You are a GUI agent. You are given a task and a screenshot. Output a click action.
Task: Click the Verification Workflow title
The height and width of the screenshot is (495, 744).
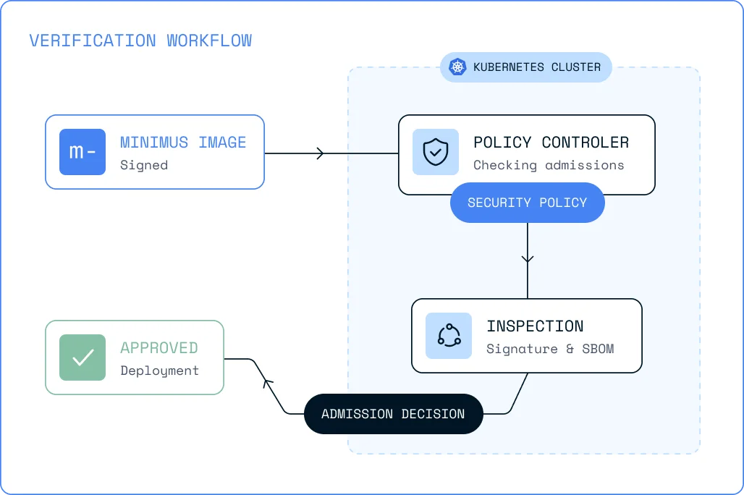click(140, 41)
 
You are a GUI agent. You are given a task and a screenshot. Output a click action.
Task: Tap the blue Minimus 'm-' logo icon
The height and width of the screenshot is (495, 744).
click(83, 152)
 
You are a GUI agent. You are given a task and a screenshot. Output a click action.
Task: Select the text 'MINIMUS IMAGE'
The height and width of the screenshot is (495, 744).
click(183, 143)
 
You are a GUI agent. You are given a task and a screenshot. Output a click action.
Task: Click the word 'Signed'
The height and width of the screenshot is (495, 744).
click(144, 165)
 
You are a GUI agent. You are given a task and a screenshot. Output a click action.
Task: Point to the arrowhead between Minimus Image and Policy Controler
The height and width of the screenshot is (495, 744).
click(321, 153)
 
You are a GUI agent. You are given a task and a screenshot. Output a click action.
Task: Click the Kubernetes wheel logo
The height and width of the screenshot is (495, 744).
click(457, 67)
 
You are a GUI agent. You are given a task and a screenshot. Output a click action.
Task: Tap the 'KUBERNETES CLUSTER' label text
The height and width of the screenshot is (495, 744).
click(537, 67)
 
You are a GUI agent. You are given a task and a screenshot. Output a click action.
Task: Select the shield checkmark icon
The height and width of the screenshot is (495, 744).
click(436, 152)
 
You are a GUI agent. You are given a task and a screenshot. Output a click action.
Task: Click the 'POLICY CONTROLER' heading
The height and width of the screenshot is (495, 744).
click(551, 143)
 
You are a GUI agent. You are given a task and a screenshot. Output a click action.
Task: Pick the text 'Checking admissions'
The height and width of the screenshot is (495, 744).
click(549, 165)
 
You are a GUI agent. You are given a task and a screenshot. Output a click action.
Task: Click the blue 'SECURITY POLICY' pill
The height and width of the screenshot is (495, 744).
click(527, 203)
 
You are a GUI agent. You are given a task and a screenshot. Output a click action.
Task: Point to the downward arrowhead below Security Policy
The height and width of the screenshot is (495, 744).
click(528, 258)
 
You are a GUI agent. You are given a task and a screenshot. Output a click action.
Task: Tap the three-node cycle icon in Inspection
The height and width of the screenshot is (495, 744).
click(449, 336)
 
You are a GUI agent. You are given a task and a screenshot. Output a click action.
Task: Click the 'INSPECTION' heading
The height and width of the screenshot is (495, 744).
click(536, 326)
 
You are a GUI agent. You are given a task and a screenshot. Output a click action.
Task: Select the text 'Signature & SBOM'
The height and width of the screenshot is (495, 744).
click(550, 349)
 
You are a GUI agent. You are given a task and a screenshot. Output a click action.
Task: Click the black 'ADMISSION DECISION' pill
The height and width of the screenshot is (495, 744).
click(394, 414)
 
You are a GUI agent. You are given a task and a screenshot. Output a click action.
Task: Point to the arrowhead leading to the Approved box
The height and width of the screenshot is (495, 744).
click(268, 383)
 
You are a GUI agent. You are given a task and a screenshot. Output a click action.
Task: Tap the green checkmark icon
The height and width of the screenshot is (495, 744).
click(83, 357)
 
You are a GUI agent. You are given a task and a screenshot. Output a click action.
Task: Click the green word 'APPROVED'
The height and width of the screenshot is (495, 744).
click(159, 348)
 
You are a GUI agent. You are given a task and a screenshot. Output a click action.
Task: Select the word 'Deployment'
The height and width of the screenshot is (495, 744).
click(159, 371)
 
